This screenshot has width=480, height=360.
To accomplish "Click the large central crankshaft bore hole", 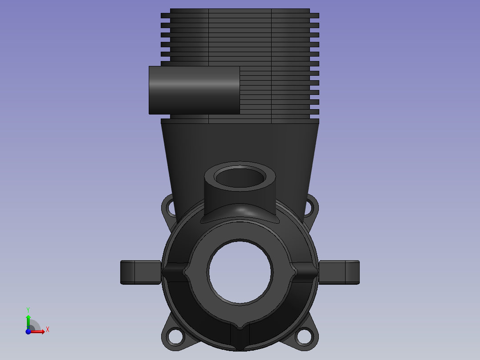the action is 240,272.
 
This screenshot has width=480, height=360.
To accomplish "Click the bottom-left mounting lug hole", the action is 175,336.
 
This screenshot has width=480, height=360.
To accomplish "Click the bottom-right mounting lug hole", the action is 304,336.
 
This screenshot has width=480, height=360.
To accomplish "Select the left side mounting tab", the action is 141,272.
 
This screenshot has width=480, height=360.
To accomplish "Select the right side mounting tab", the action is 339,272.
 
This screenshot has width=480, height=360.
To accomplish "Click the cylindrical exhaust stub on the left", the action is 194,90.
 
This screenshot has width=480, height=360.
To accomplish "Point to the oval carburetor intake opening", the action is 240,177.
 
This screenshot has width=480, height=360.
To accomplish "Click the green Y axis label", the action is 28,310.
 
